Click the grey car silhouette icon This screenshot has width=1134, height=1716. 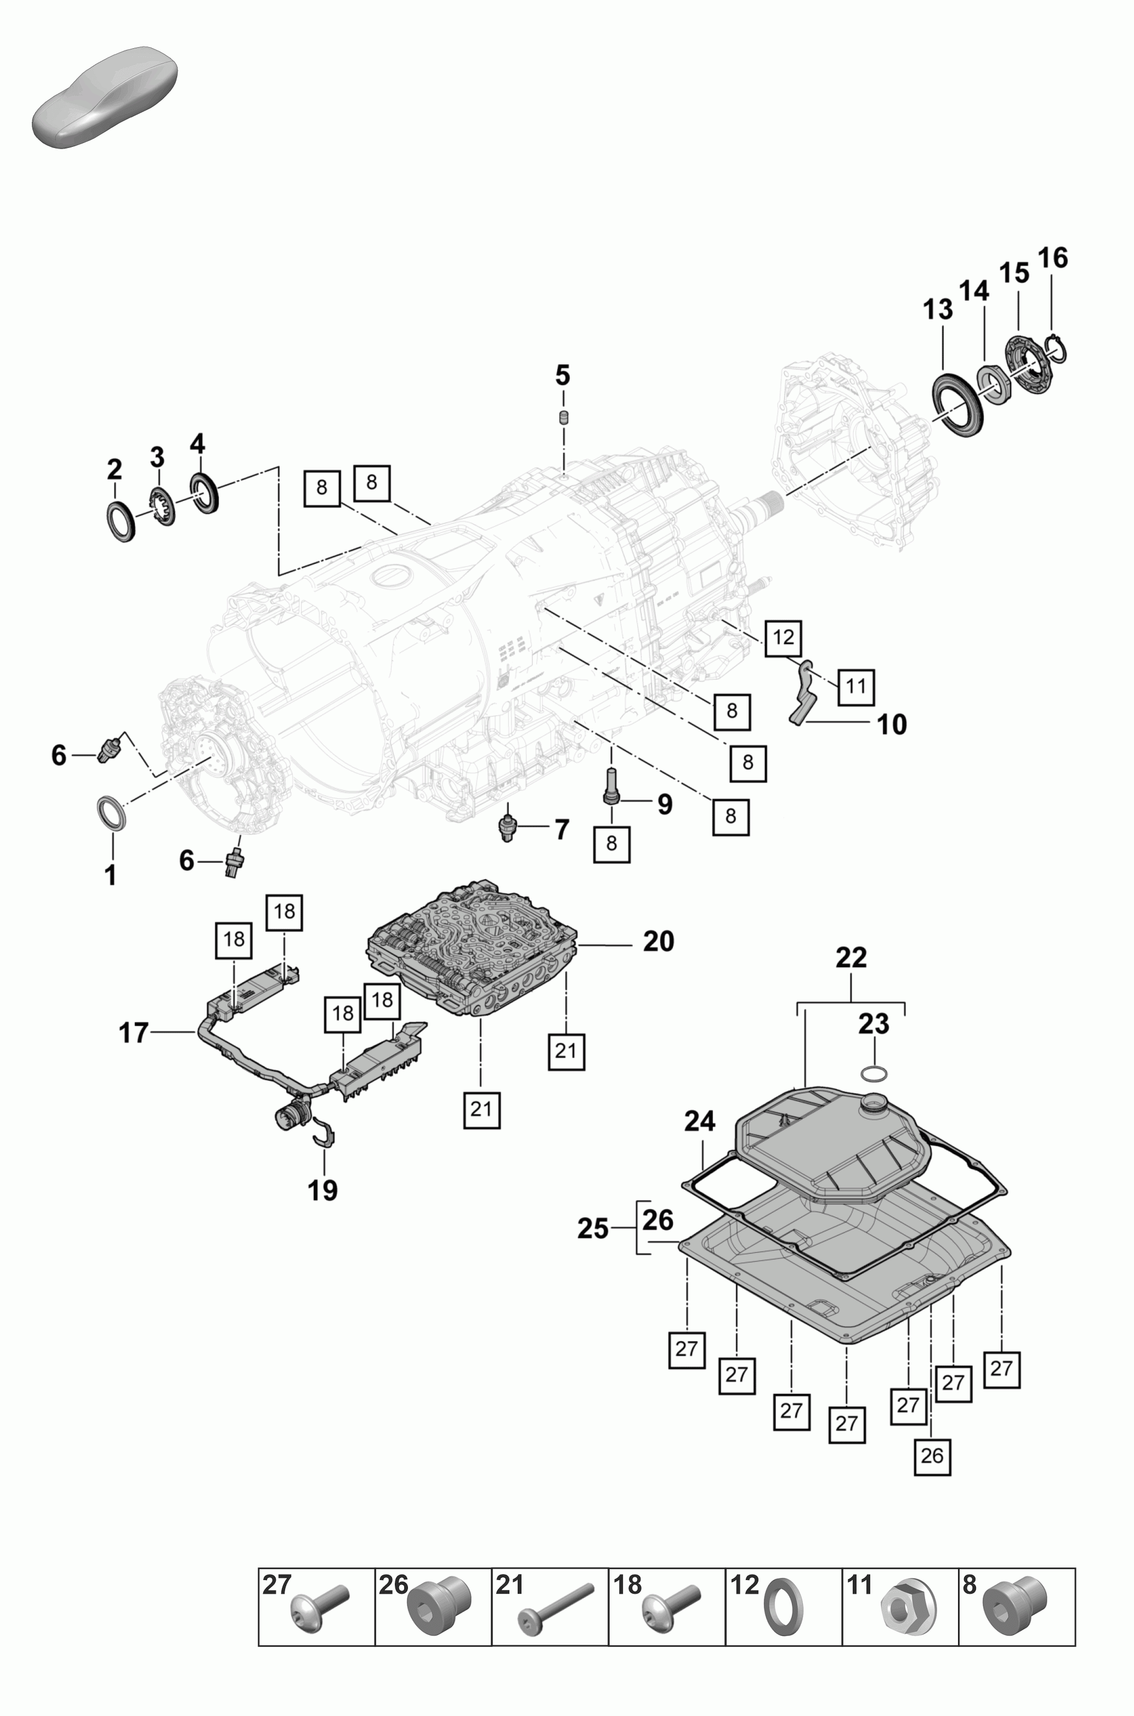(x=105, y=98)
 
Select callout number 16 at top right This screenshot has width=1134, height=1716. (x=1053, y=258)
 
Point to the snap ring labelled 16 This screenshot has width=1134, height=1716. (x=1057, y=349)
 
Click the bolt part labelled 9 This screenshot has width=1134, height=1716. (x=610, y=786)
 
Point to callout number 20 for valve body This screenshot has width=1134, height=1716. (x=658, y=941)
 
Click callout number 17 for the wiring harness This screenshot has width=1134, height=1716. (x=134, y=1033)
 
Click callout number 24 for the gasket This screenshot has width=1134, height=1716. (x=700, y=1121)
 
